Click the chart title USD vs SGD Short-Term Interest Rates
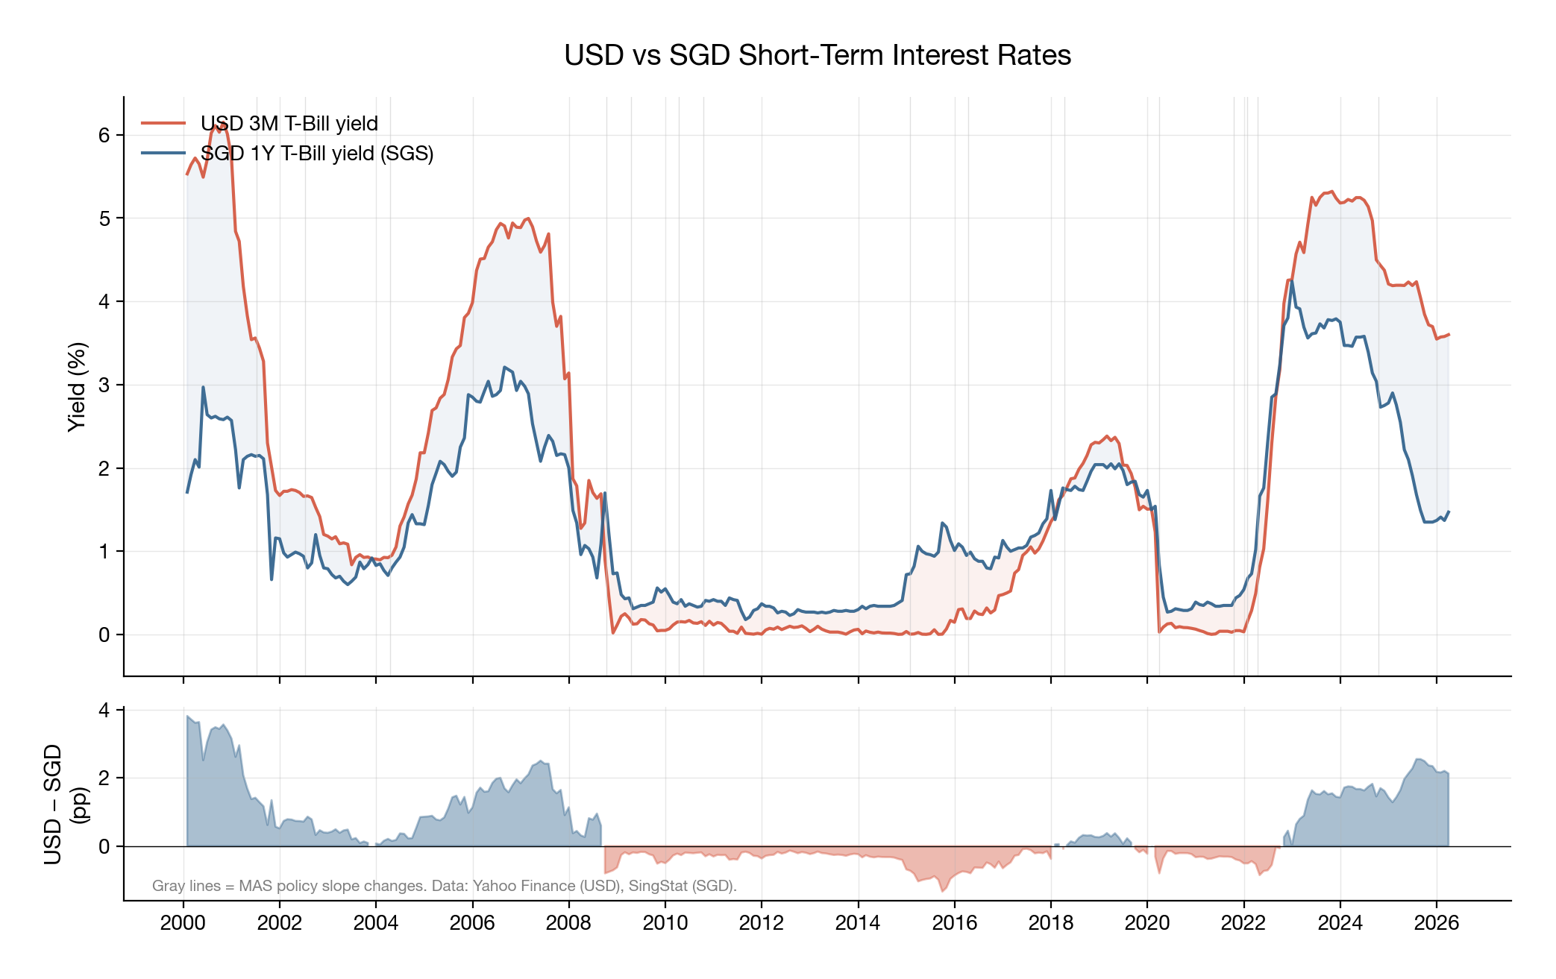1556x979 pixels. [x=817, y=55]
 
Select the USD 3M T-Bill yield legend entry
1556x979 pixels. [x=289, y=123]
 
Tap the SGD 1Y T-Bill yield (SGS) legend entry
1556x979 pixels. [x=316, y=153]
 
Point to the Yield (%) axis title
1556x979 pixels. [x=78, y=386]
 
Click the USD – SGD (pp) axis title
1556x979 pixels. [x=64, y=804]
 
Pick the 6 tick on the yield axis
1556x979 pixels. [x=104, y=135]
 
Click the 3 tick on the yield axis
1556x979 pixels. [x=104, y=385]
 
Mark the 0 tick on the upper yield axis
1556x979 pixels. [x=104, y=635]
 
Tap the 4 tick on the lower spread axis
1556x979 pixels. [x=104, y=710]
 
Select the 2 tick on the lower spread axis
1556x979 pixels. [x=104, y=778]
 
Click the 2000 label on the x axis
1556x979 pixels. [x=183, y=923]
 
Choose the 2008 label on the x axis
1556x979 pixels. [x=568, y=923]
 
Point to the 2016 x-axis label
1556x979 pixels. [x=954, y=923]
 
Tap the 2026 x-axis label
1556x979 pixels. [x=1436, y=923]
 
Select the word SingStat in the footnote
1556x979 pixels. [x=657, y=886]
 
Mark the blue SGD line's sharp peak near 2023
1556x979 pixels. [x=1291, y=281]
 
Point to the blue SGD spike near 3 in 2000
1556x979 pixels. [x=203, y=387]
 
